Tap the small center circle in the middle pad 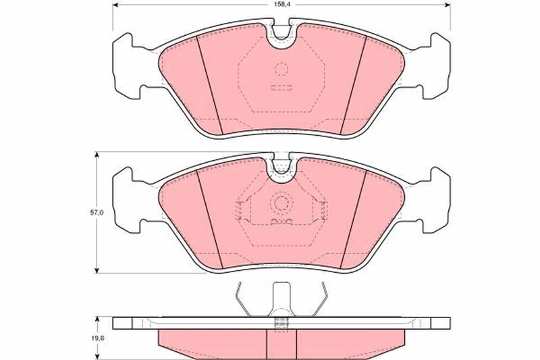click(x=281, y=203)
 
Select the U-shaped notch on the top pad click(x=280, y=38)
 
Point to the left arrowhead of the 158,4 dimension click(x=113, y=5)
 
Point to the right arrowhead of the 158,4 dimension click(x=448, y=5)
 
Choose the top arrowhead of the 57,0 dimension click(x=98, y=155)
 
